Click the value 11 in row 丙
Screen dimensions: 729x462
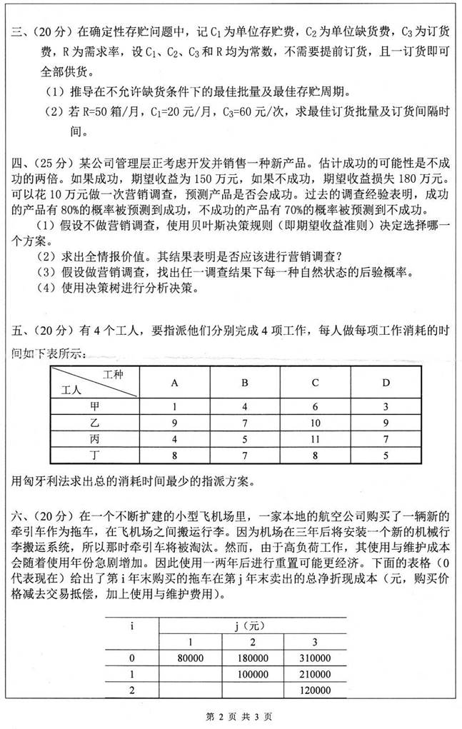(x=315, y=438)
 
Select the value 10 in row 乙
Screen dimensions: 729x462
(x=315, y=422)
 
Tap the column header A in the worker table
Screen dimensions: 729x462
(x=175, y=382)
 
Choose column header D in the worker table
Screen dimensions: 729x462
(x=386, y=382)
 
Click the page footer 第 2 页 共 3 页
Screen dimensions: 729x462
(x=231, y=715)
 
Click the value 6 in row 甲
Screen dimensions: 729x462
(x=315, y=406)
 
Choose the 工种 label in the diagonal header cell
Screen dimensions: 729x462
(x=114, y=374)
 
